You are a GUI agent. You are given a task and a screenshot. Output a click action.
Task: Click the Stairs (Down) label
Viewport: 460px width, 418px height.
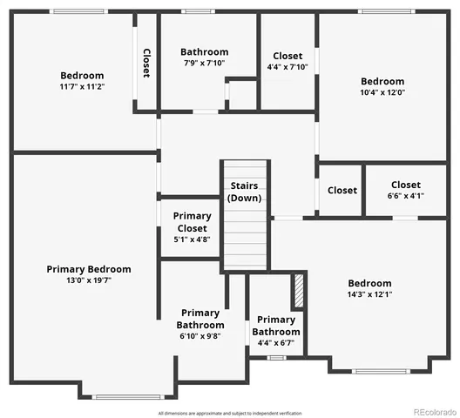[244, 192]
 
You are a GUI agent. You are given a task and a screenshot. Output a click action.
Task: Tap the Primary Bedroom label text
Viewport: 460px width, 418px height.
[89, 269]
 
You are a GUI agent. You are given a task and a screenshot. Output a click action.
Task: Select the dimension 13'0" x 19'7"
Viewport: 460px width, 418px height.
[89, 280]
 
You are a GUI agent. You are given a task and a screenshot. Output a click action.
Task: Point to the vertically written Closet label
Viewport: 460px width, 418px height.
[146, 63]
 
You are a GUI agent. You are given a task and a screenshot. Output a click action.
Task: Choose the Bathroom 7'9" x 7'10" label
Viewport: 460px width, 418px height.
[205, 52]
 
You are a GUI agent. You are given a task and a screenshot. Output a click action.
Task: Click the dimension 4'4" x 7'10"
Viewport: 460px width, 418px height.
[287, 68]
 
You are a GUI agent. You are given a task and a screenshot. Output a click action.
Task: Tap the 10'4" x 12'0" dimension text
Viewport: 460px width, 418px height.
[382, 92]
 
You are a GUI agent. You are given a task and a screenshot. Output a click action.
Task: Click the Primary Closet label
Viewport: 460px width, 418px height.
[192, 222]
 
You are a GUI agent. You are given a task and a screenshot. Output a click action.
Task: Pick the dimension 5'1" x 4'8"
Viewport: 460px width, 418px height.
[192, 239]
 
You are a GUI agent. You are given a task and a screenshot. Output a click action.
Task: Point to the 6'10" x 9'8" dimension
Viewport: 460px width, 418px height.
[200, 336]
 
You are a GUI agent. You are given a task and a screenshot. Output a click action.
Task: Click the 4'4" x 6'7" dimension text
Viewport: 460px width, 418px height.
[276, 343]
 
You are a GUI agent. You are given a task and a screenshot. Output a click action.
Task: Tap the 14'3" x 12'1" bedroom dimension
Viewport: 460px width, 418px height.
[369, 295]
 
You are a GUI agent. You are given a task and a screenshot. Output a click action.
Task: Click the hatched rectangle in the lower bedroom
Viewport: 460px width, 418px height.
[299, 291]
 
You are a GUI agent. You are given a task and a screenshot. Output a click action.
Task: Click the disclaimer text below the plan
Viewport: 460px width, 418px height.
[229, 412]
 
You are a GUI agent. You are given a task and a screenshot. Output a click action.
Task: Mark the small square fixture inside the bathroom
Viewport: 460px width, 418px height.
[240, 93]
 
